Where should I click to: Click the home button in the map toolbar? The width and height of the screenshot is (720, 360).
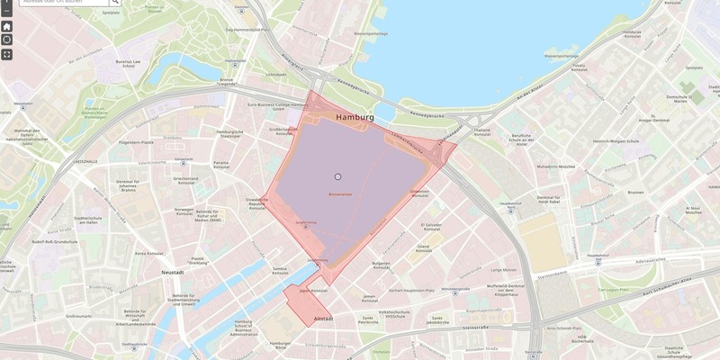coord(7,26)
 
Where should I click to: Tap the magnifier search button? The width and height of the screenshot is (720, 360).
coord(115,3)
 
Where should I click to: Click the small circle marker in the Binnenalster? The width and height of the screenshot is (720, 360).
coord(338,177)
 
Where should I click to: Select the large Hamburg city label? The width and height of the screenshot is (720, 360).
coord(354,118)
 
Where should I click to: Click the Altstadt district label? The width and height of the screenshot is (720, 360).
coord(323,319)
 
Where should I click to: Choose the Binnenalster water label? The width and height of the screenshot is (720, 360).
coord(339,193)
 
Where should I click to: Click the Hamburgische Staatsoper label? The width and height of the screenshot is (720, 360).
coord(230,135)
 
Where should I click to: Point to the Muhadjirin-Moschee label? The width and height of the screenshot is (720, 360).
coord(556,167)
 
